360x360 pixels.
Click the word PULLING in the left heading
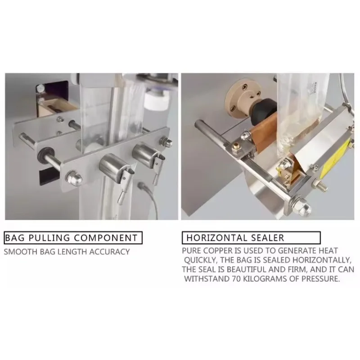click(49, 238)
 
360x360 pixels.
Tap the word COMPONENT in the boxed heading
click(106, 238)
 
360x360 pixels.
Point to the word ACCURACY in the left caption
click(109, 252)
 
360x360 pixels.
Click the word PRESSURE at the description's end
click(320, 279)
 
